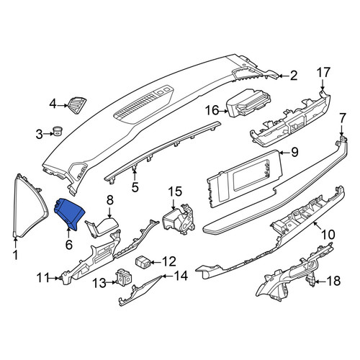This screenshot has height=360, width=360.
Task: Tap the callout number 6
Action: click(x=69, y=244)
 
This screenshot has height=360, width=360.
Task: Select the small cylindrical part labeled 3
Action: click(x=58, y=131)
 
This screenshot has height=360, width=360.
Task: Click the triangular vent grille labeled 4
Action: click(x=77, y=105)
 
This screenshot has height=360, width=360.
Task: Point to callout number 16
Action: click(x=212, y=111)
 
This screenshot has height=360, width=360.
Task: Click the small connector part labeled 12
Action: click(x=143, y=261)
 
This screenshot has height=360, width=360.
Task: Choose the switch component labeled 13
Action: click(x=124, y=276)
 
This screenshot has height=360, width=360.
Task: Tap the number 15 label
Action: click(x=175, y=192)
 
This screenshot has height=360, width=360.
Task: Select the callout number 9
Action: click(x=294, y=152)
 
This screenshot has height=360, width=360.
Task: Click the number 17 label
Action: click(x=324, y=73)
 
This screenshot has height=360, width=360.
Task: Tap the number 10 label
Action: click(x=328, y=234)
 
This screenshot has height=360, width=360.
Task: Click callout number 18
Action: click(x=333, y=281)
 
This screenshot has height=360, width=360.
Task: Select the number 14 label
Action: click(x=181, y=276)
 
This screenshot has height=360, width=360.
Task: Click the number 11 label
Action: click(x=42, y=278)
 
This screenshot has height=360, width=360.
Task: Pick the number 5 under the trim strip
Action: click(x=135, y=187)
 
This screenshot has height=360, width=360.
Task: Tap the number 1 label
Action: click(x=16, y=255)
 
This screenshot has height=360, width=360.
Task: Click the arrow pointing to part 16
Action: click(x=224, y=111)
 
